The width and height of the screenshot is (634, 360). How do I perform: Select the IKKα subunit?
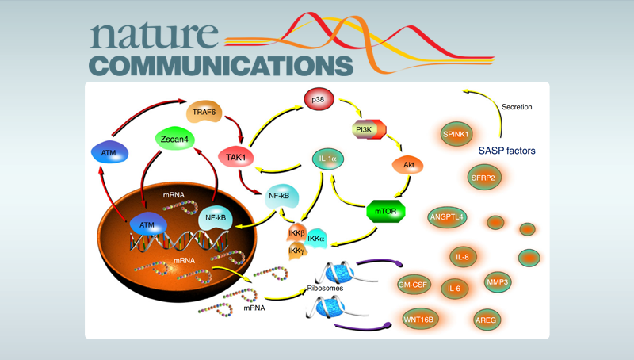click(x=315, y=237)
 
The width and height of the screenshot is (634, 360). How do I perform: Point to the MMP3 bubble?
click(x=497, y=281)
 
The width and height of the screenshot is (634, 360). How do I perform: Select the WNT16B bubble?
click(x=421, y=320)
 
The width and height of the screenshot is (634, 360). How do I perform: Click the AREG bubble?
click(x=486, y=320)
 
